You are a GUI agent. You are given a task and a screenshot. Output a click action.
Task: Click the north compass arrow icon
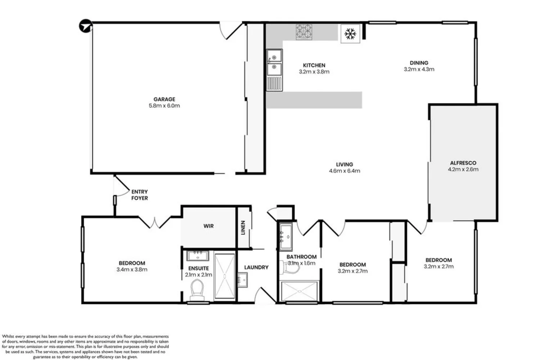click(x=86, y=26)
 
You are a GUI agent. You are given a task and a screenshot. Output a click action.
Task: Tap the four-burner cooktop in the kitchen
click(x=304, y=32)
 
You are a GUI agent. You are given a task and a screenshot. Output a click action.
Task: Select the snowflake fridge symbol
click(x=350, y=34)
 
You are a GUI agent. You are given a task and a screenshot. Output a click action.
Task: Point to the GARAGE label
click(x=164, y=99)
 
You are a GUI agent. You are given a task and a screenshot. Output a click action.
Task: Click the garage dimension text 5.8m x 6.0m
click(x=164, y=106)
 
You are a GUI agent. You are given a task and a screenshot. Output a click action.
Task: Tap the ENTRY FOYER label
click(x=139, y=195)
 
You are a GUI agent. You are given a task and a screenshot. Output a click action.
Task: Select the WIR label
click(x=208, y=226)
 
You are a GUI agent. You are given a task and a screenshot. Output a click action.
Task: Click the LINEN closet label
click(x=243, y=228)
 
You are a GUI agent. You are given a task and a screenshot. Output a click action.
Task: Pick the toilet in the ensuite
click(x=197, y=290)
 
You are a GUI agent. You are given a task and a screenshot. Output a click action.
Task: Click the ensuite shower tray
click(x=224, y=276)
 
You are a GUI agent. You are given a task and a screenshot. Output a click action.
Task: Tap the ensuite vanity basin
click(x=198, y=256)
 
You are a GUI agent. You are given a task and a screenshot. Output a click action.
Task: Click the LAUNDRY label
click(x=256, y=267)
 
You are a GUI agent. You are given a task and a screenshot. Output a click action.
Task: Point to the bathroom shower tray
click(x=299, y=291)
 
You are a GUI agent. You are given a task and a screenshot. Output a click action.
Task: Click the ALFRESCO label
click(x=463, y=163)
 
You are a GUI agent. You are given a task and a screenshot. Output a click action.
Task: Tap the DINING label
click(x=419, y=63)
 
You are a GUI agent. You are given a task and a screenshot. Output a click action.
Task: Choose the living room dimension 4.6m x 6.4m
click(x=344, y=171)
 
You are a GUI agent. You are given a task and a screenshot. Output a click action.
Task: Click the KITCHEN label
click(x=314, y=65)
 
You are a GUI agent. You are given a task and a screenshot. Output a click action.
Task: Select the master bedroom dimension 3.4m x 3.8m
click(x=132, y=270)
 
